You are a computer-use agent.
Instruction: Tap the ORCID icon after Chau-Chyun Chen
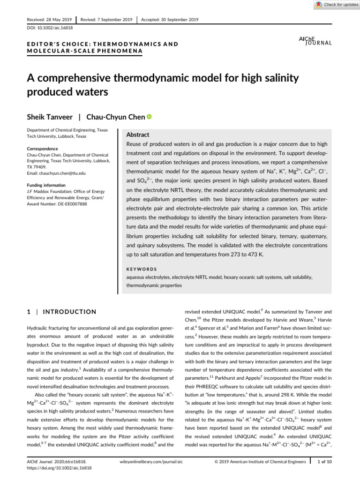pos(150,116)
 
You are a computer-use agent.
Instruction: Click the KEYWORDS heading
pos(142,269)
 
